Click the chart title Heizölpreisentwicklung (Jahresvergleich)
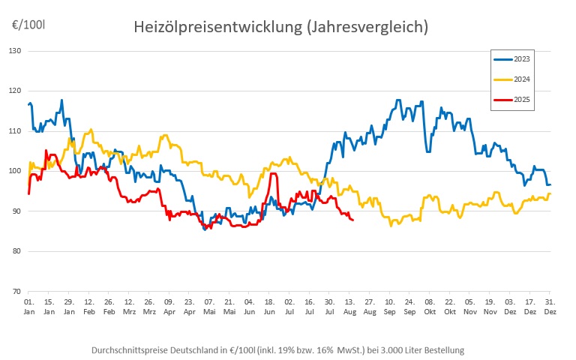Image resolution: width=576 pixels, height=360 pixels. click(280, 27)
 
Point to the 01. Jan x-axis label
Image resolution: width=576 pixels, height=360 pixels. click(28, 306)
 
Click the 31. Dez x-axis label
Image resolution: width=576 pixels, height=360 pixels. click(550, 306)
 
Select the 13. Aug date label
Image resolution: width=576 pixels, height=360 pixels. click(349, 306)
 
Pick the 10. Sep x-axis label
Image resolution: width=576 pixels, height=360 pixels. click(390, 306)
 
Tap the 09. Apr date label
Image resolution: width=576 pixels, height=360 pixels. click(169, 306)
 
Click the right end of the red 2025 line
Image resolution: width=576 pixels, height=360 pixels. click(353, 220)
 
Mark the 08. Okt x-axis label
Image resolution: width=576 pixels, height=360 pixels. click(430, 306)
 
